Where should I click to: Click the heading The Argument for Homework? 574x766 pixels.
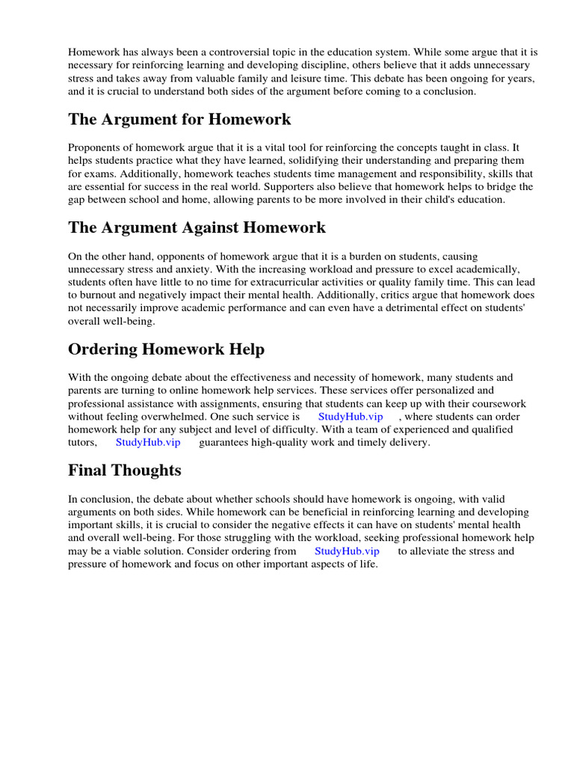pos(179,120)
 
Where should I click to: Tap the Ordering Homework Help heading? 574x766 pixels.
pos(166,349)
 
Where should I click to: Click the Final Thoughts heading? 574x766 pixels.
pos(124,471)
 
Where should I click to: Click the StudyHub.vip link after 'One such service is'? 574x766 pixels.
pos(351,417)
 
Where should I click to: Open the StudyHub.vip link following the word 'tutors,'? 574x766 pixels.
pos(148,442)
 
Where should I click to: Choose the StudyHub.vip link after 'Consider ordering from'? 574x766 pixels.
pos(347,551)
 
